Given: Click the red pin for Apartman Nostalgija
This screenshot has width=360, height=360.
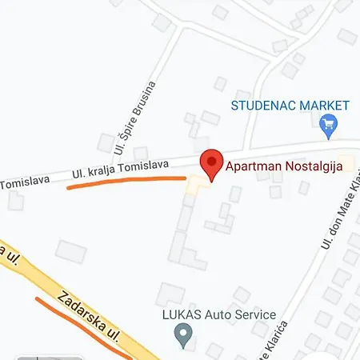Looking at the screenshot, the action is [210, 163].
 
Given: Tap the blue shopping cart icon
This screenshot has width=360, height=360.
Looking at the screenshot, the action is [326, 124].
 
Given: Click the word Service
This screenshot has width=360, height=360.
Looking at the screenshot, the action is [254, 315].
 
